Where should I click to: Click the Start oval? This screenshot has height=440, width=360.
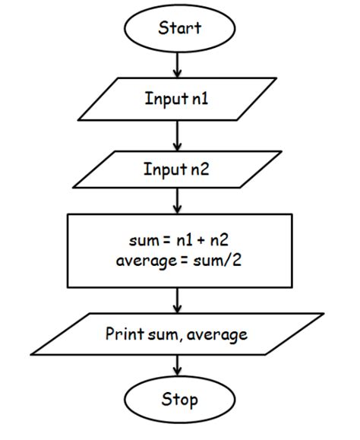pyautogui.click(x=179, y=29)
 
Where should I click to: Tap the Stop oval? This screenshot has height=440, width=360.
pyautogui.click(x=179, y=399)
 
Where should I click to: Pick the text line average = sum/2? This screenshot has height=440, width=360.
pyautogui.click(x=179, y=264)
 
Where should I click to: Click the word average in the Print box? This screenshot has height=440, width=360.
pyautogui.click(x=220, y=334)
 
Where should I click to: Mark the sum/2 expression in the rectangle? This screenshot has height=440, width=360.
pyautogui.click(x=216, y=264)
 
